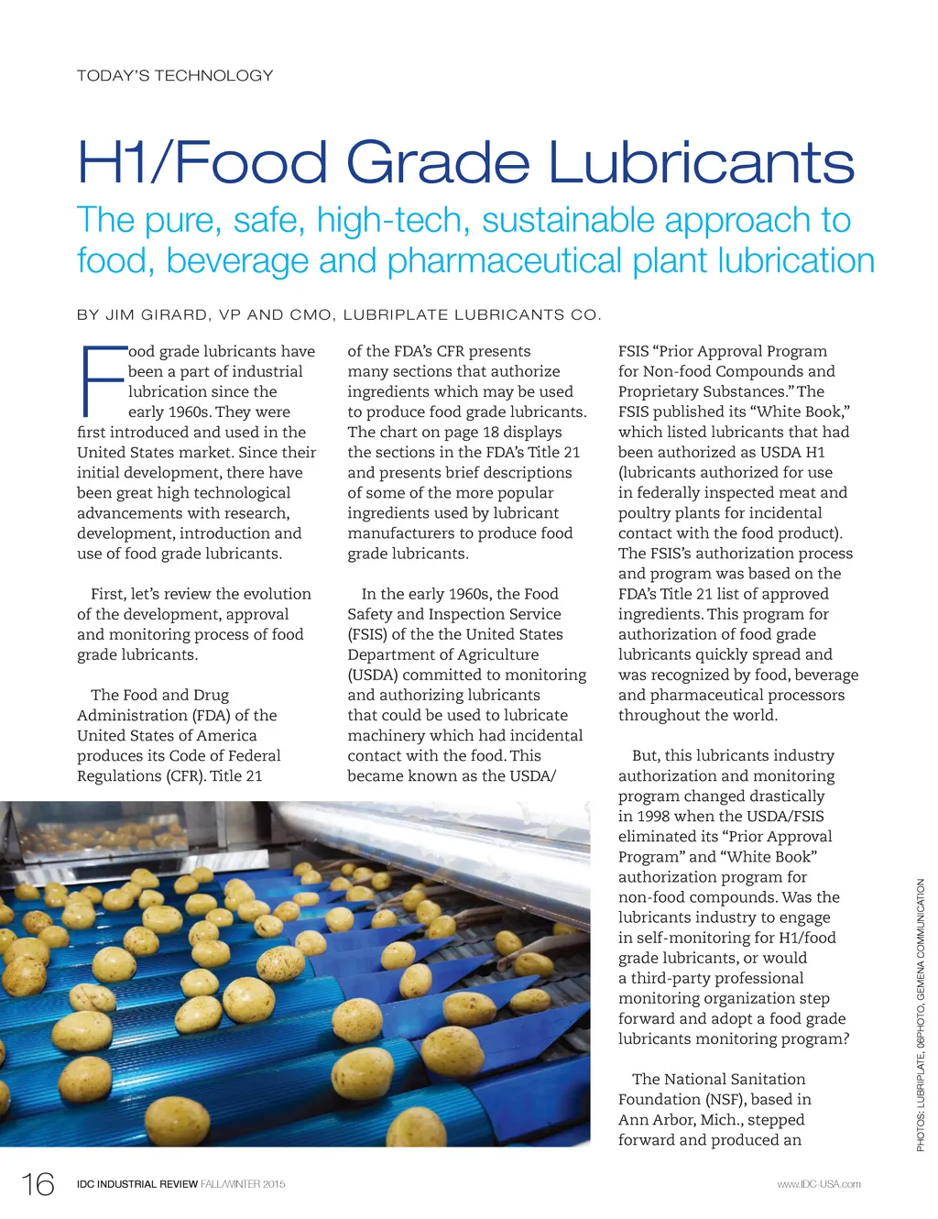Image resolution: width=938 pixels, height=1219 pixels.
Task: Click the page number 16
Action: coord(38,1184)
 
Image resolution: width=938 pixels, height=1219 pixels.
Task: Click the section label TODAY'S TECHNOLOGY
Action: coord(175,75)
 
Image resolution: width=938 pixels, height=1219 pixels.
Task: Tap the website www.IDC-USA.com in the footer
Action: coord(818,1184)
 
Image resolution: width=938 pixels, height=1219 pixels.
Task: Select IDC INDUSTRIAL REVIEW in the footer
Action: coord(137,1184)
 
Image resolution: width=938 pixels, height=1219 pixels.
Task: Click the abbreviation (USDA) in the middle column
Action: coord(373,675)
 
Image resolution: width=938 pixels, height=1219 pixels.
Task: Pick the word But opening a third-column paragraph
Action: coord(646,755)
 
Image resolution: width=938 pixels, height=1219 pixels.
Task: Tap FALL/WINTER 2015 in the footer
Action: coord(243,1184)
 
